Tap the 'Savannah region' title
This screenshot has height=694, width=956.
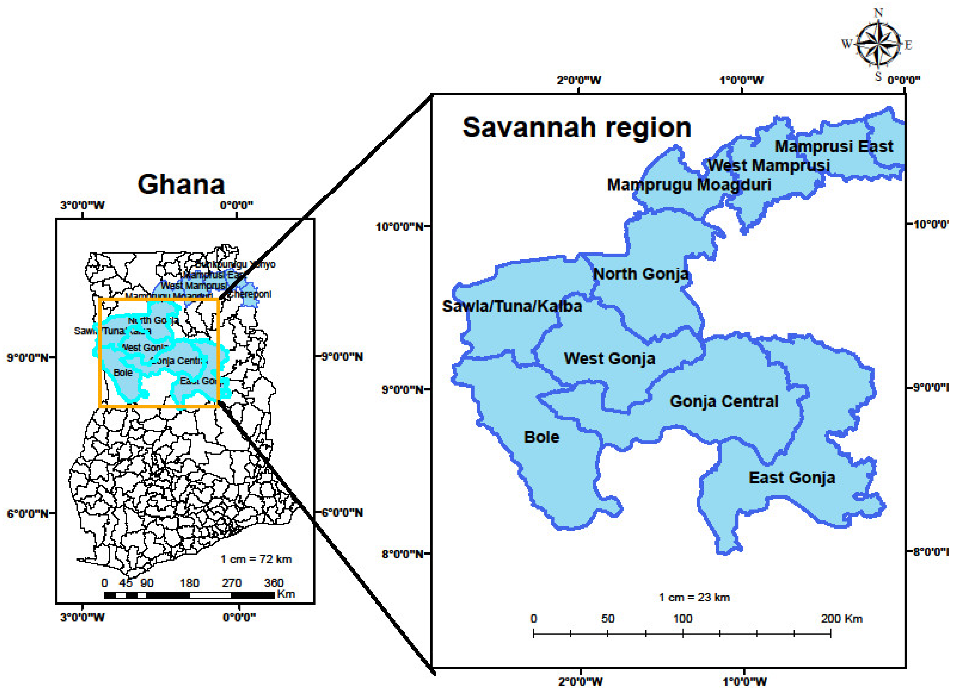click(577, 127)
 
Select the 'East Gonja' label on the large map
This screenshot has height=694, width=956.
click(792, 478)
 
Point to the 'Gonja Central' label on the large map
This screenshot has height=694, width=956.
click(724, 401)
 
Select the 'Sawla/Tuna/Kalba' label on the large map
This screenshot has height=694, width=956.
click(512, 306)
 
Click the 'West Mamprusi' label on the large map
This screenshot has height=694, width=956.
click(768, 166)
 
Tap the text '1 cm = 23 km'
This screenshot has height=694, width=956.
click(694, 597)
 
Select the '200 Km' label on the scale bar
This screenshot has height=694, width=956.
click(841, 619)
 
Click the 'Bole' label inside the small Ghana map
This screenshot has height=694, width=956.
click(123, 373)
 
